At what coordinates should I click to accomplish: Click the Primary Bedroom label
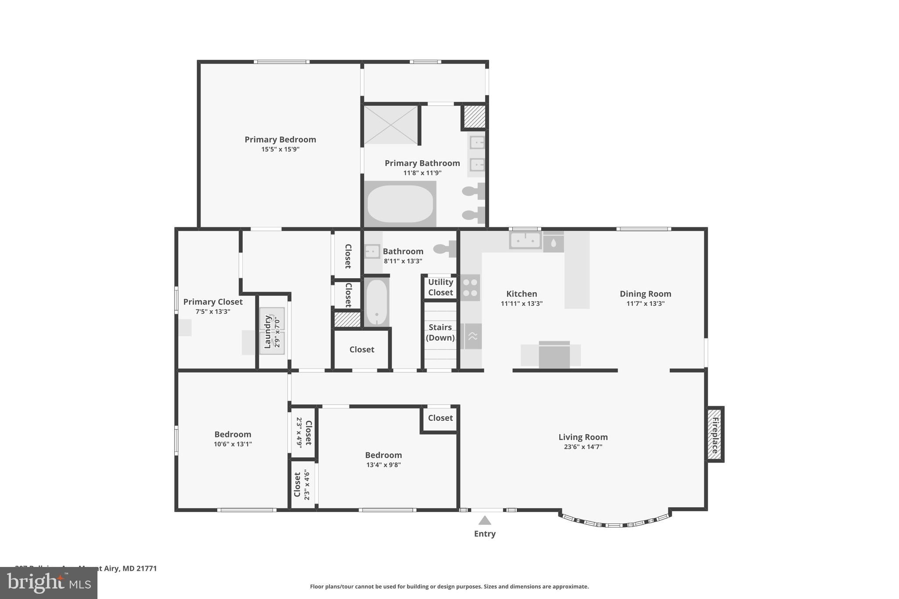280,140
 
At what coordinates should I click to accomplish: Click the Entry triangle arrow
485,520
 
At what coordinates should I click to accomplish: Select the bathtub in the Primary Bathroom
400,204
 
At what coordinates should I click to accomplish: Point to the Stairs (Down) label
440,332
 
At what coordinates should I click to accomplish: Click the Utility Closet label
440,287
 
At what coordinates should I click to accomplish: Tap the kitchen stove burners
470,288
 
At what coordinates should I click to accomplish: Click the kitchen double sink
525,240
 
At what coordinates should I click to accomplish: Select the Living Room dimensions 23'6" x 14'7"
583,447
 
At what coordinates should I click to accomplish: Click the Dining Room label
645,294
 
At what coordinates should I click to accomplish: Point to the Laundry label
267,332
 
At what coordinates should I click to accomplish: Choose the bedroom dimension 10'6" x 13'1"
233,444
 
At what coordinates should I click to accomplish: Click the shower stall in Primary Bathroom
391,125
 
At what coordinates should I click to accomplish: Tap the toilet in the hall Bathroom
445,249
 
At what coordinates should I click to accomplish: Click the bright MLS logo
49,583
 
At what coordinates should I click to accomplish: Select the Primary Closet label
213,302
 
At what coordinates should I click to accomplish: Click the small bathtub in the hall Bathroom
377,303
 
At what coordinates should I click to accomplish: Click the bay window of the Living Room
615,523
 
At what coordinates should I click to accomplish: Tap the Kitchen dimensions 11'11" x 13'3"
521,304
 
